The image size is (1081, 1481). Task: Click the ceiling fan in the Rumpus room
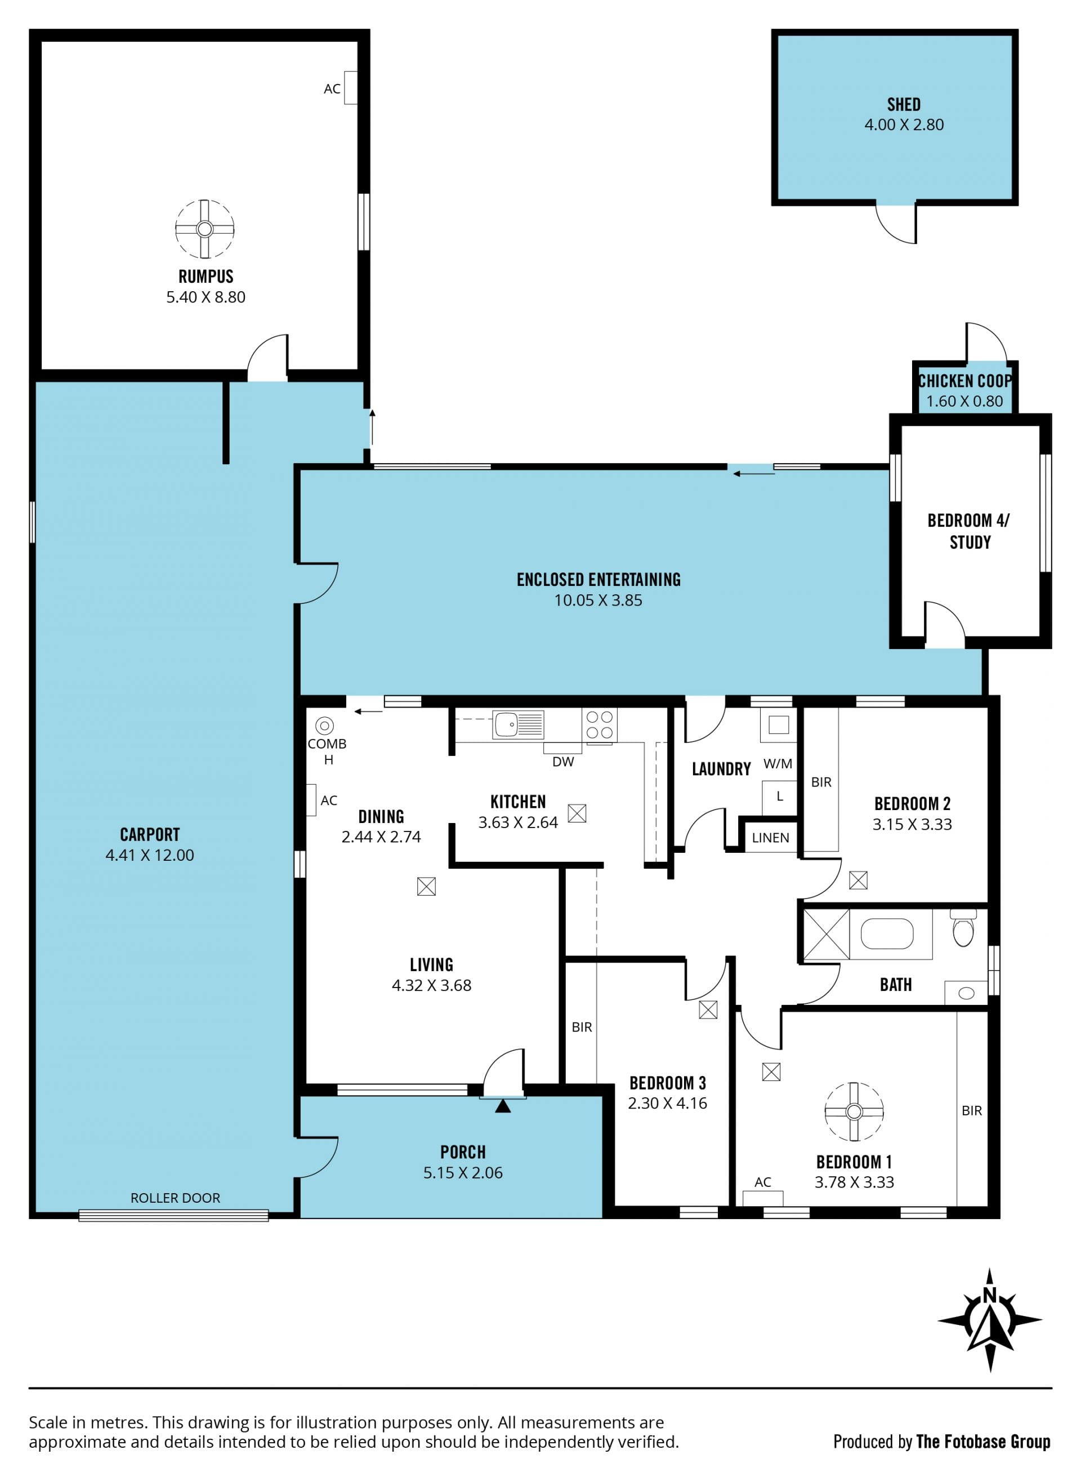pos(205,229)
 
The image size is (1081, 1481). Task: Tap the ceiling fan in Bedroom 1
pos(854,1111)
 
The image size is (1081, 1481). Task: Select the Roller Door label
pos(175,1198)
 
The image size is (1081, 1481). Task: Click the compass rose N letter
pos(989,1295)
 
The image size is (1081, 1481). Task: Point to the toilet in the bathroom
pos(963,928)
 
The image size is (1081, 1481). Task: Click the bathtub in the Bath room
pos(887,933)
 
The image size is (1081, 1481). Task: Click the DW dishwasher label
pos(563,762)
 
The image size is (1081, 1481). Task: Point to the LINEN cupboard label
pos(770,838)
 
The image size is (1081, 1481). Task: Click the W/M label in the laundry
pos(778,763)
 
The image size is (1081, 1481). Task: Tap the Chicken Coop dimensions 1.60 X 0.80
pos(964,401)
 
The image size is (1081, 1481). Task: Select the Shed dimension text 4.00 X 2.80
pos(904,124)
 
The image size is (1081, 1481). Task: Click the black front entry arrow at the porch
pos(503,1105)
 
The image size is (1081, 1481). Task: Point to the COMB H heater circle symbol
pos(324,726)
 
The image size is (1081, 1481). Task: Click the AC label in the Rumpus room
pos(332,89)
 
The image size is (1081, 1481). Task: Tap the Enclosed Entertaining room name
pos(598,580)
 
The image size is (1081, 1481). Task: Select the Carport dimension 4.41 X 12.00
pos(150,855)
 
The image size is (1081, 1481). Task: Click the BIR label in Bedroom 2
pos(821,782)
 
